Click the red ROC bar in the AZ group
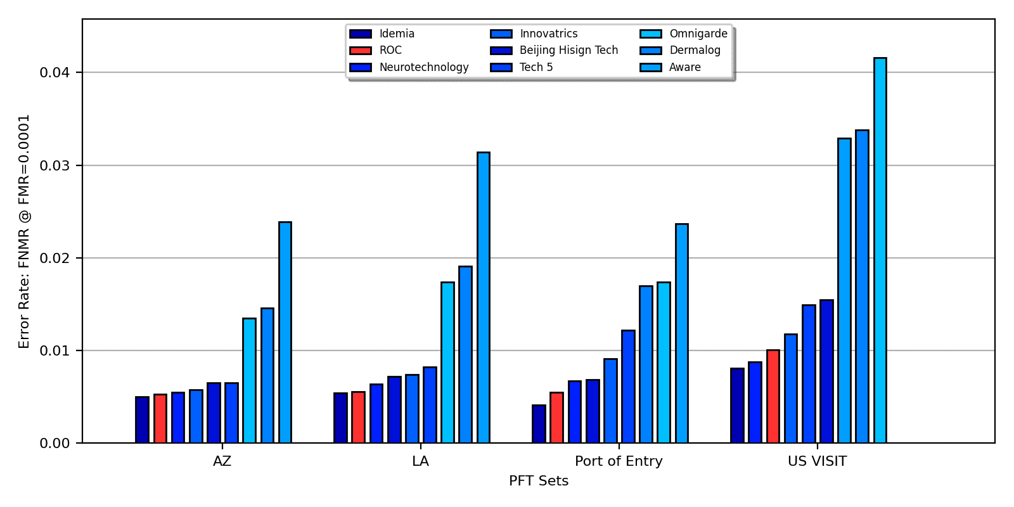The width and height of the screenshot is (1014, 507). pos(160,418)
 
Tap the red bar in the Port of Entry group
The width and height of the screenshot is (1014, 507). pos(556,417)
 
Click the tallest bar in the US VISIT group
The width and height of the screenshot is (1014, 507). pos(880,250)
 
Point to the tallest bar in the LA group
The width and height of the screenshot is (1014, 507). pos(483,297)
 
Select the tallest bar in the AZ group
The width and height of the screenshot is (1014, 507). pos(285,332)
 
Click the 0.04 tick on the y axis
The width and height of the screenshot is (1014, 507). pos(55,72)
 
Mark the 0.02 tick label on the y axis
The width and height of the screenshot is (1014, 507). pos(55,258)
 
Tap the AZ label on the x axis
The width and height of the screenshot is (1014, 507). pos(222,461)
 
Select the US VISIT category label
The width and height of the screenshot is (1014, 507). pos(817,461)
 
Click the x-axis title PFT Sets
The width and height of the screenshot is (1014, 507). pos(539,481)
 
